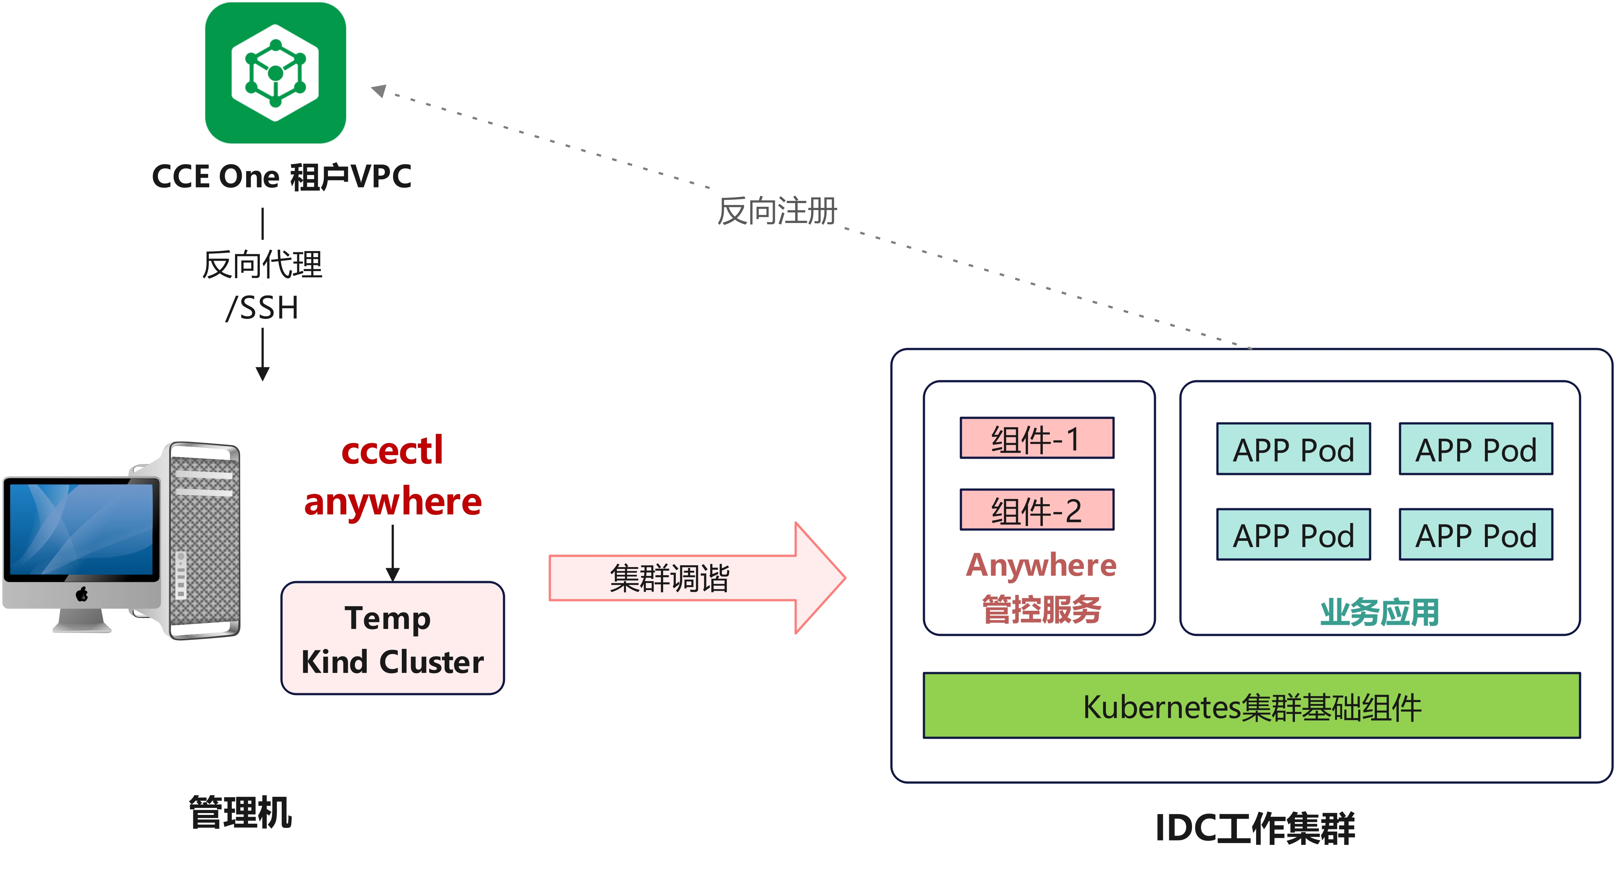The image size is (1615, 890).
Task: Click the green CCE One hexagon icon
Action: [x=275, y=73]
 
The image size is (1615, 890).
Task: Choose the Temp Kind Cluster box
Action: [x=393, y=638]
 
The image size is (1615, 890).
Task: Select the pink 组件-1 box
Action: [x=1036, y=438]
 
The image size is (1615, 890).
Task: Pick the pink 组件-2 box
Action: [x=1036, y=510]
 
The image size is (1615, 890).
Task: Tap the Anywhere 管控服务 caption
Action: [x=1041, y=586]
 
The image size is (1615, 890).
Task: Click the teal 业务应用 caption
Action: [x=1379, y=611]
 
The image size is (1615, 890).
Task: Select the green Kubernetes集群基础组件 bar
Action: [x=1251, y=706]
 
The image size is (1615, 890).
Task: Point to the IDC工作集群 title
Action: [x=1255, y=828]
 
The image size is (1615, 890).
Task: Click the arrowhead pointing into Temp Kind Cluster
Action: [x=393, y=574]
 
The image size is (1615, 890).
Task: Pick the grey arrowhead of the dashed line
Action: [x=379, y=91]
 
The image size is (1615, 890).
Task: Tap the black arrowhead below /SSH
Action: [x=263, y=374]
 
